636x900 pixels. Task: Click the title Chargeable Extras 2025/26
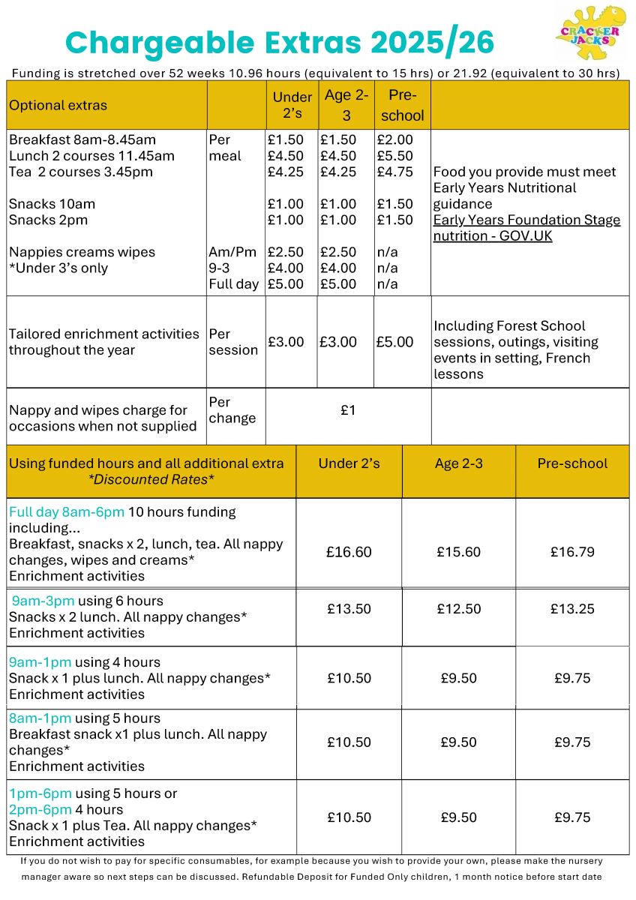tap(280, 43)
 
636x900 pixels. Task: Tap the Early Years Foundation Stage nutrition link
tap(526, 228)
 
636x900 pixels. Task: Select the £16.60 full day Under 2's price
tap(349, 552)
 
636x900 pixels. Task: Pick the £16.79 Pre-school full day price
tap(572, 552)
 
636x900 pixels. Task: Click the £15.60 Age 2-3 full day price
tap(458, 552)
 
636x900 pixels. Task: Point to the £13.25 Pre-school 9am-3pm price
tap(572, 609)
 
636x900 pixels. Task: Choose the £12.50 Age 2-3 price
tap(458, 609)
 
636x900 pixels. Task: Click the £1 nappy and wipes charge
tap(348, 410)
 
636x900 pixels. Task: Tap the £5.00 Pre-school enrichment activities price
tap(394, 342)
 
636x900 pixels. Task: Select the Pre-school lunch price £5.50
tap(394, 156)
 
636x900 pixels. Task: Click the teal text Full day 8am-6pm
tap(67, 512)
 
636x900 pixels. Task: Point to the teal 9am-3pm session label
tap(41, 601)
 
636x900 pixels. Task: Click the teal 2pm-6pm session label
tap(40, 810)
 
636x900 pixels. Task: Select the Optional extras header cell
tap(58, 106)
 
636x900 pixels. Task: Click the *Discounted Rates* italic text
tap(146, 480)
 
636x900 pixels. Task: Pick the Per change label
tap(232, 410)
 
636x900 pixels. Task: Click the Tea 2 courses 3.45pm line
tap(80, 172)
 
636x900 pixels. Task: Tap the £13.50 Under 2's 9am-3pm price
tap(349, 609)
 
